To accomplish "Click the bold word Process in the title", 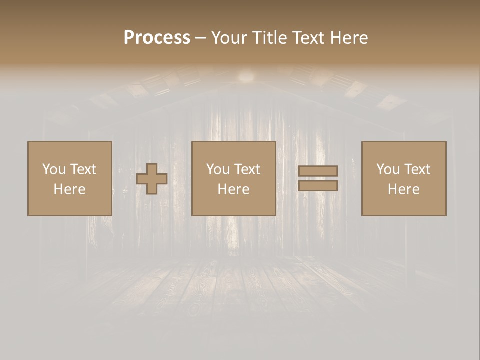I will coord(157,38).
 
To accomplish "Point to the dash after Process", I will coord(200,38).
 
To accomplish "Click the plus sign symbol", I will coord(152,179).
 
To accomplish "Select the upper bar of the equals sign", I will coord(318,171).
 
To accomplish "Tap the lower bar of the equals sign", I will coord(318,185).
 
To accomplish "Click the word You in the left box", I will coord(53,169).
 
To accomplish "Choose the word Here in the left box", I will coord(69,189).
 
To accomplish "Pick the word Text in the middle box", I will coord(247,169).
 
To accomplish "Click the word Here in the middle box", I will coord(233,189).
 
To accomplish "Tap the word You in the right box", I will coord(387,169).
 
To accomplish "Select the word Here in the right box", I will coord(403,189).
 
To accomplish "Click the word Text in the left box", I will coord(83,169).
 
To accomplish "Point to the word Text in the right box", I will coord(417,169).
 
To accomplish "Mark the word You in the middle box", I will coord(217,169).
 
